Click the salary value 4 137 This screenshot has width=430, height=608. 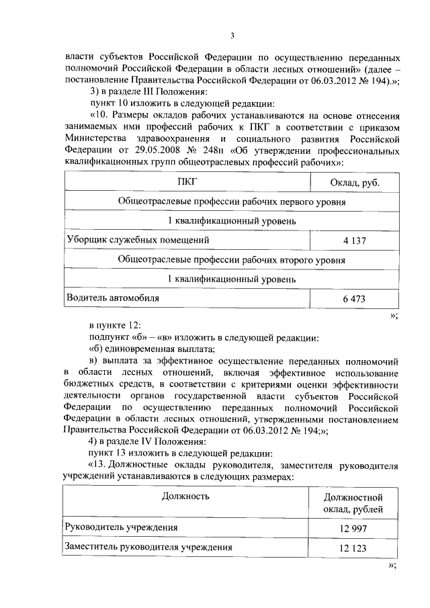[x=353, y=240]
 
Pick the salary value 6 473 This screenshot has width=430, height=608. [x=353, y=298]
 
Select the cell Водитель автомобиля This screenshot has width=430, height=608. [x=114, y=296]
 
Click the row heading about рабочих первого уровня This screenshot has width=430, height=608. [x=232, y=202]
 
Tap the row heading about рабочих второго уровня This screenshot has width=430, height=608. [x=232, y=259]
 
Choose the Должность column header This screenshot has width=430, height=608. [x=185, y=496]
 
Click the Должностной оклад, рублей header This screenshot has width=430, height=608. [x=353, y=503]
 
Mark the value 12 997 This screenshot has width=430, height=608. [x=353, y=529]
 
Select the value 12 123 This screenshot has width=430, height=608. [x=353, y=548]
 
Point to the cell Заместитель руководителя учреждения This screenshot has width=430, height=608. [x=148, y=547]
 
